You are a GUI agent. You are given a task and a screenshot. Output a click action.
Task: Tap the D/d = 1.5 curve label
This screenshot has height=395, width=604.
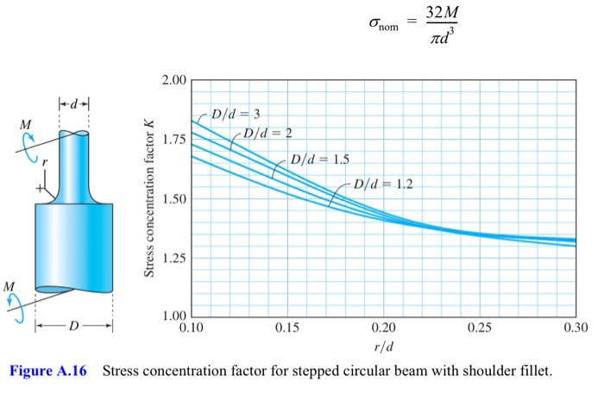click(x=320, y=160)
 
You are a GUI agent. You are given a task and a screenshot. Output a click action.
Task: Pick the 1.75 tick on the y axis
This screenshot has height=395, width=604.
click(x=173, y=140)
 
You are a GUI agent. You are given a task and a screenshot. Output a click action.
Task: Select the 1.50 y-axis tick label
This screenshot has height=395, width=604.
click(x=173, y=199)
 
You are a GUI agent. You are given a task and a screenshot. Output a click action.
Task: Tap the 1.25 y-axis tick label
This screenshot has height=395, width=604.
click(x=173, y=259)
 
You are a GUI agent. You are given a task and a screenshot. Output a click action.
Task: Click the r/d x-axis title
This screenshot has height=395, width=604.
click(x=382, y=348)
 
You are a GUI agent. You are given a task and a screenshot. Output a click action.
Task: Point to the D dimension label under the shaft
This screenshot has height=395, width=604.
click(x=73, y=327)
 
